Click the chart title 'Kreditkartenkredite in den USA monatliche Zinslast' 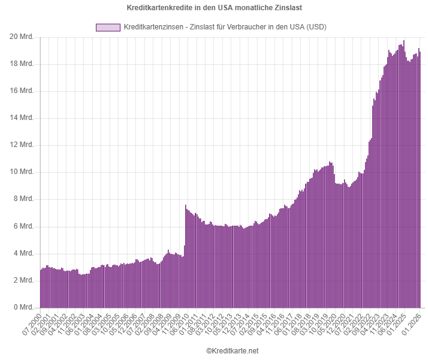click(214, 8)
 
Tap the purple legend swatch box click(107, 27)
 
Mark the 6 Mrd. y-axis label click(22, 227)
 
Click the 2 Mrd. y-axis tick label click(22, 281)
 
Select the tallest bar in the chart click(404, 174)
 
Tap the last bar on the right click(420, 180)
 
